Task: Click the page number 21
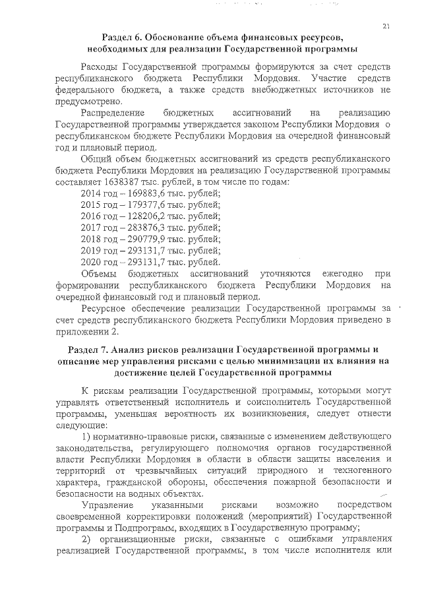tap(386, 26)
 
